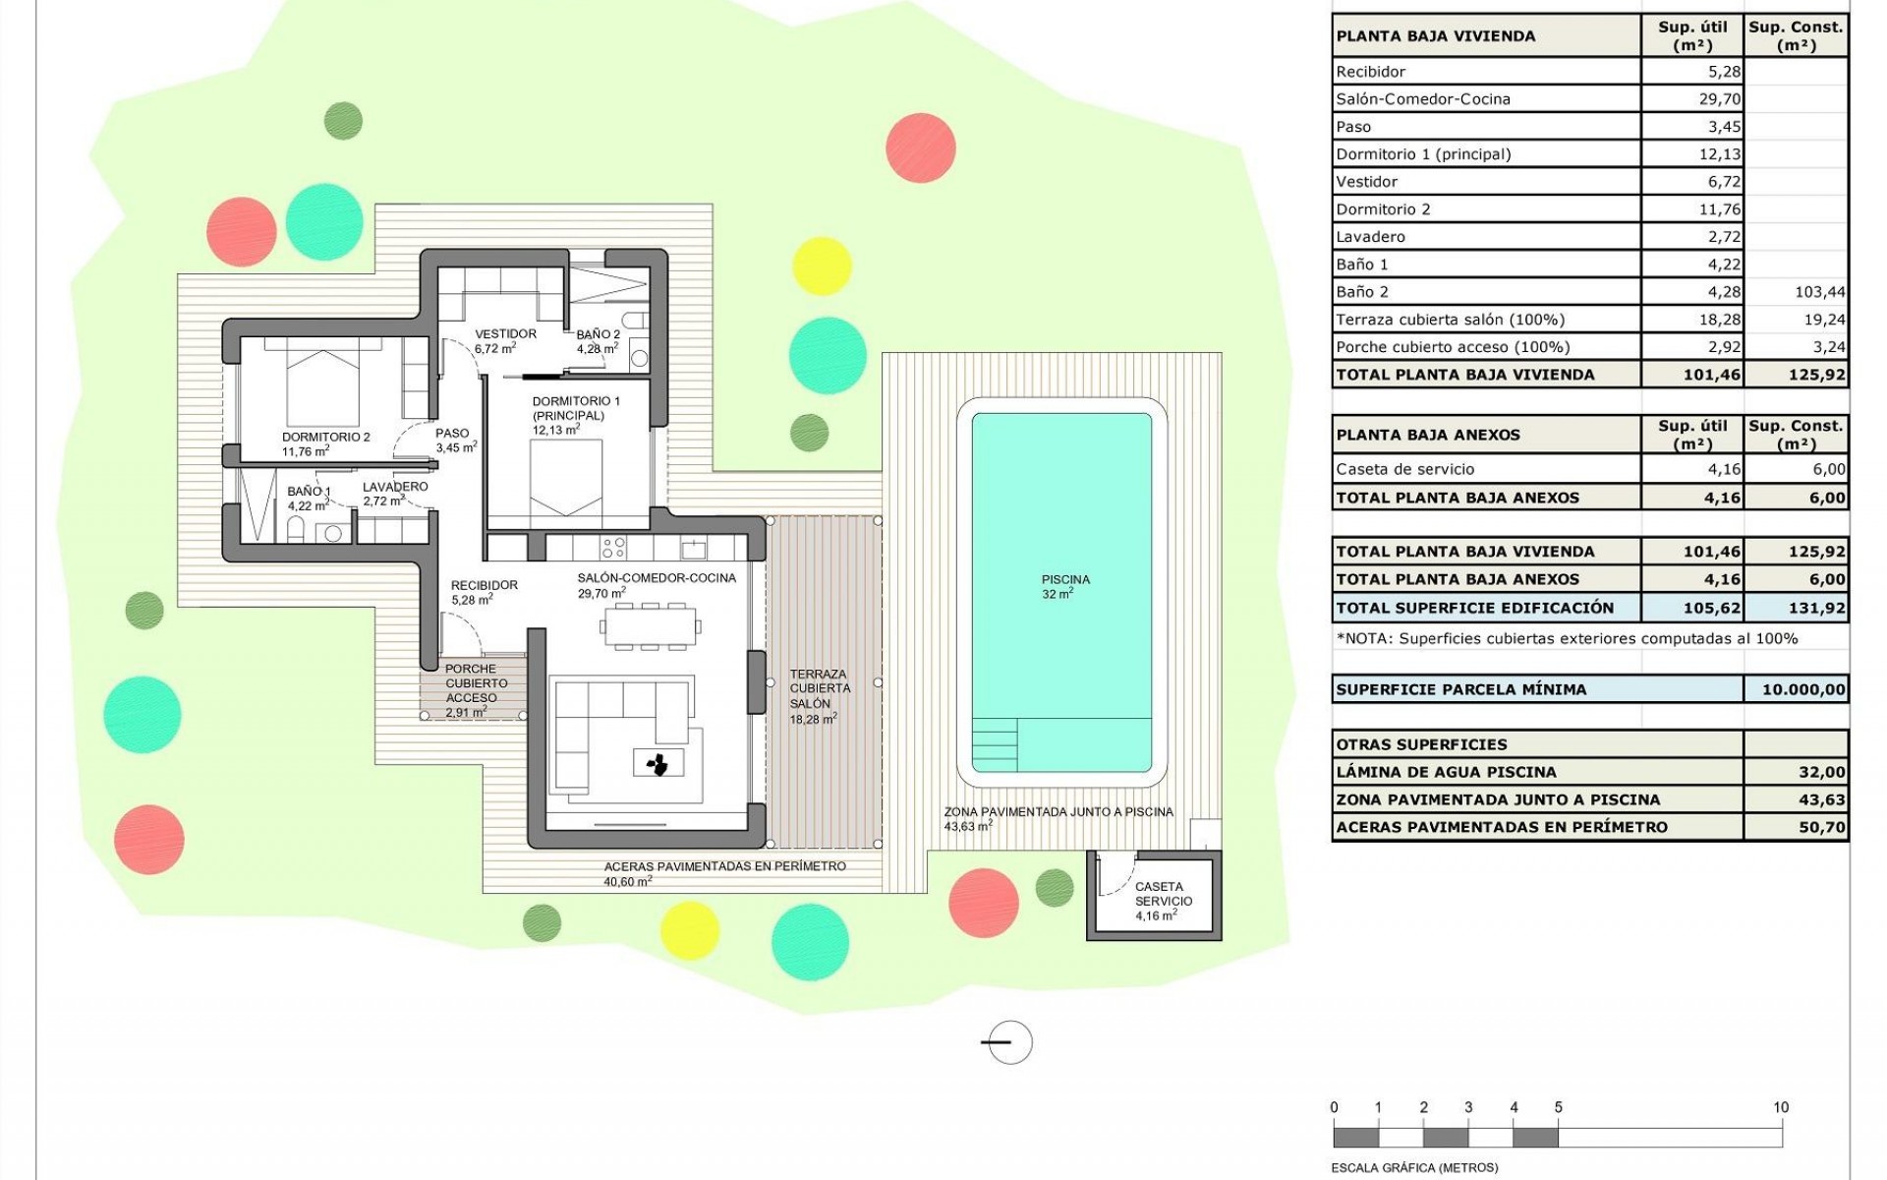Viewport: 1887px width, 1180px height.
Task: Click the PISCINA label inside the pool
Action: tap(1064, 580)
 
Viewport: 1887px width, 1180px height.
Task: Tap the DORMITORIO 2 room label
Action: tap(325, 438)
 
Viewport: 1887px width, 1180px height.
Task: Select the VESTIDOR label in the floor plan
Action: tap(505, 334)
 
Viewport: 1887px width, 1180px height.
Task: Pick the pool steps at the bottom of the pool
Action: tap(994, 744)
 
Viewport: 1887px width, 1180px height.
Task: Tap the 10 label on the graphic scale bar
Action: tap(1780, 1107)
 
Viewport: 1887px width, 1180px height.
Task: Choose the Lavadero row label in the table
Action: tap(1370, 237)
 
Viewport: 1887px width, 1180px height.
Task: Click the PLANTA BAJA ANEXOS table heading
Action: tap(1427, 435)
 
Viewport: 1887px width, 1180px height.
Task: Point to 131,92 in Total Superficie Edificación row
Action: tap(1816, 609)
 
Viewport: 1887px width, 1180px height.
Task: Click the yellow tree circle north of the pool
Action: tap(822, 265)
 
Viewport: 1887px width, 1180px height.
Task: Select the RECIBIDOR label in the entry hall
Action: tap(484, 586)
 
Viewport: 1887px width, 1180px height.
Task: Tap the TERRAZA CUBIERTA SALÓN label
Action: tap(818, 689)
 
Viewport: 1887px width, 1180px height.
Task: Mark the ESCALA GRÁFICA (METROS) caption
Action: tap(1414, 1168)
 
